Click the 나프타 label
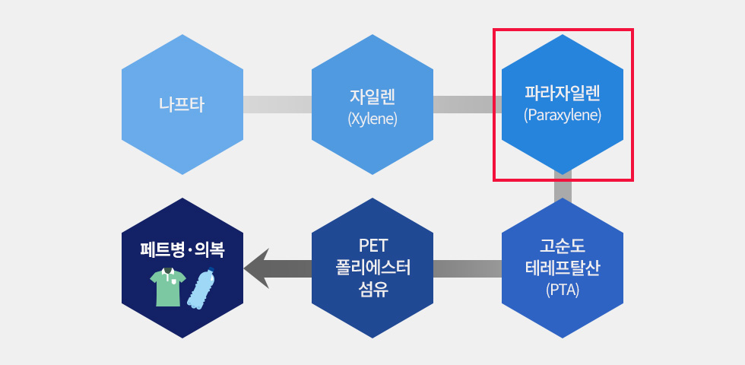(182, 105)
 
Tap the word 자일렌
(372, 97)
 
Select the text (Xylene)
(372, 119)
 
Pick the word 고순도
(563, 246)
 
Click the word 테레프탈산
(563, 268)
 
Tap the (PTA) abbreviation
(563, 290)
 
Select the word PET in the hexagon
(372, 246)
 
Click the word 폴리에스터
(372, 268)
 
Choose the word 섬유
(372, 289)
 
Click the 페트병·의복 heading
(182, 249)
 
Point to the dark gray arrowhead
(257, 268)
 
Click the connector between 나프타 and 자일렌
(277, 104)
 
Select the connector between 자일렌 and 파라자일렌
(468, 104)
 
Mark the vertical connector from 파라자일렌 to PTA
(563, 187)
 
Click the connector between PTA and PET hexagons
(468, 268)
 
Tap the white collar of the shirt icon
(166, 273)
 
